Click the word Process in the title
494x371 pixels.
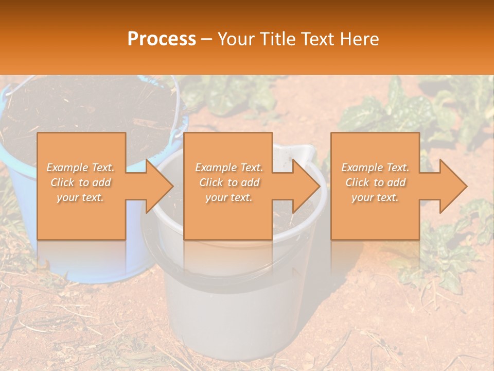pos(162,39)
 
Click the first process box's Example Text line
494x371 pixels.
pos(81,167)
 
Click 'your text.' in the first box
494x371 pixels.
pos(81,197)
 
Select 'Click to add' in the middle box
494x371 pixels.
pos(229,182)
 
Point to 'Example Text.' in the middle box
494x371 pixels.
pos(229,167)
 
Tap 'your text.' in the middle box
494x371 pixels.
pos(229,197)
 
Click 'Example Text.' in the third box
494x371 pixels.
pos(375,167)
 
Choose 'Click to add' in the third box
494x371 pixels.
pos(375,182)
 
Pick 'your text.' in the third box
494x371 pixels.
pos(375,197)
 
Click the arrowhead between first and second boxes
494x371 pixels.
pos(157,186)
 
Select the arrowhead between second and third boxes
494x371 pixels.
pos(304,186)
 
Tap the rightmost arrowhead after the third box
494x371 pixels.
pos(451,186)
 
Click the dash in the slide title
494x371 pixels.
pos(207,40)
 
